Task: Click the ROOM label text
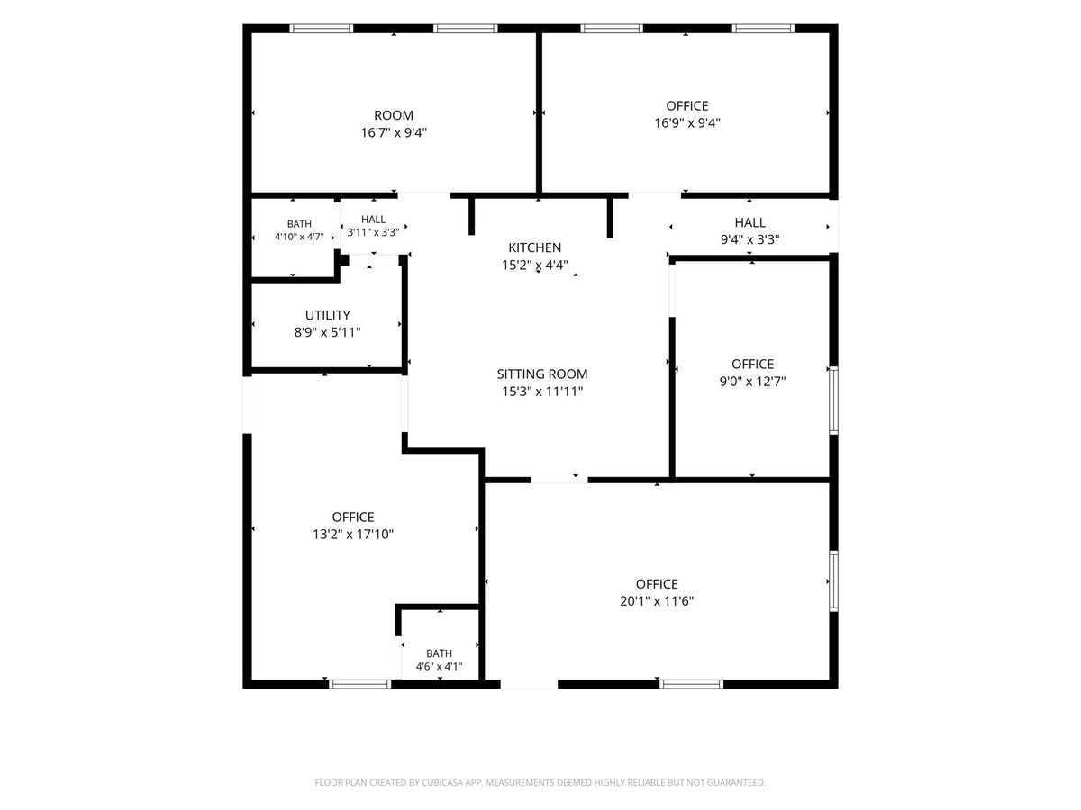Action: point(393,115)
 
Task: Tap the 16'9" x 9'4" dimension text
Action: point(687,123)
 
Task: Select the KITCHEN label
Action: point(534,247)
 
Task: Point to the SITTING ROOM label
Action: point(541,373)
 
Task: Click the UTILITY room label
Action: point(328,315)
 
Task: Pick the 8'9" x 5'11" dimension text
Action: point(328,332)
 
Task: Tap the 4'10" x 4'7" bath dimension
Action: point(299,237)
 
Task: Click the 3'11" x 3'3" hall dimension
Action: point(373,232)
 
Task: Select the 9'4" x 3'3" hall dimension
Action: point(749,239)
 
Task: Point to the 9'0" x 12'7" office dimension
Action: point(752,381)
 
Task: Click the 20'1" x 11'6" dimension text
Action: point(657,601)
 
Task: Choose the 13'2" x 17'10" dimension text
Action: point(353,534)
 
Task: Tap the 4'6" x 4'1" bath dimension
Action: point(439,666)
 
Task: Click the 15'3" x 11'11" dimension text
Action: point(542,391)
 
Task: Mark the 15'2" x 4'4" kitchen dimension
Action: point(534,265)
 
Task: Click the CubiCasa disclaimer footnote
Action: point(540,782)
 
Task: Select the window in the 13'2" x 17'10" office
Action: point(360,684)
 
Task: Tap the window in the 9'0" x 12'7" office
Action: point(834,400)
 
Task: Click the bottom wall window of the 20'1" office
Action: point(692,684)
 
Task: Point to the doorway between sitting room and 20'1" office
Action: point(559,480)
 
